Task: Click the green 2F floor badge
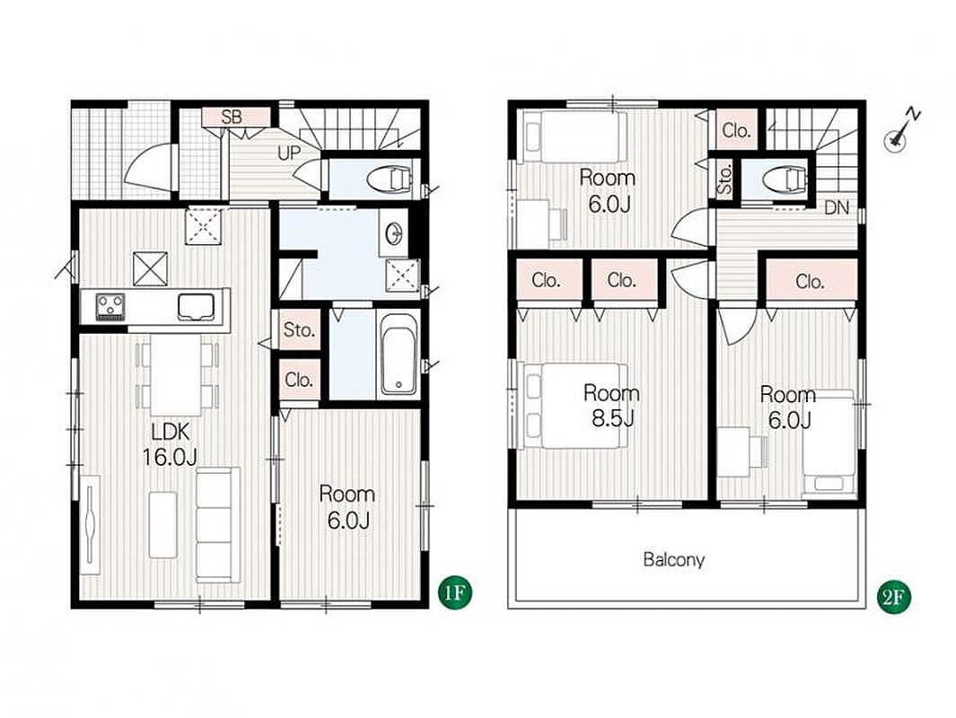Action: (893, 598)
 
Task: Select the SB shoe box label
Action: (232, 117)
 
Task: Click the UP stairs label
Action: (289, 153)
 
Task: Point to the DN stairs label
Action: (837, 207)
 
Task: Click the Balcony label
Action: (674, 559)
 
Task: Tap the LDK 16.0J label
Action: (170, 444)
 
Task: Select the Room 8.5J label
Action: (611, 406)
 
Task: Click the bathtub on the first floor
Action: (399, 354)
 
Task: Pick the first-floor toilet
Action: (389, 179)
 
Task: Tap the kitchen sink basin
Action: (196, 307)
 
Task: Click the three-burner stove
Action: (110, 305)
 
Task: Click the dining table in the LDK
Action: (176, 374)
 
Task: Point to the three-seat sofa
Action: (218, 525)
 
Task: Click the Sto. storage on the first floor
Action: (299, 330)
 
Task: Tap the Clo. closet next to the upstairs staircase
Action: (736, 130)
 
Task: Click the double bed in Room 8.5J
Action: (572, 406)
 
